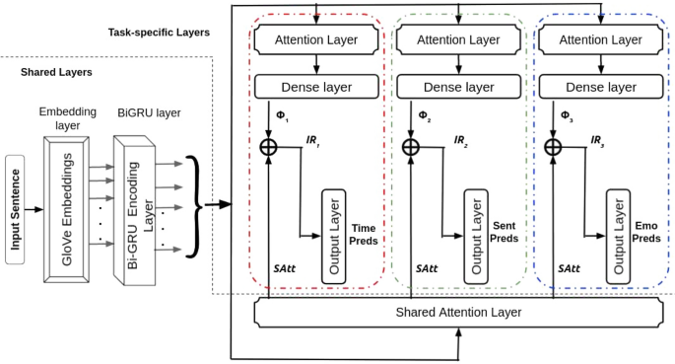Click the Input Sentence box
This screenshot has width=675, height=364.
pyautogui.click(x=14, y=209)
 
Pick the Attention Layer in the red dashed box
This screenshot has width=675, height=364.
pyautogui.click(x=314, y=38)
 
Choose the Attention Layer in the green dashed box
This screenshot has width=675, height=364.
pyautogui.click(x=456, y=38)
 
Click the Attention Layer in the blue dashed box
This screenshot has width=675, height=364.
pyautogui.click(x=599, y=38)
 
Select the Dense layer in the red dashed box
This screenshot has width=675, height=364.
pyautogui.click(x=314, y=87)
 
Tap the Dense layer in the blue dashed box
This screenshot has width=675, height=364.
pyautogui.click(x=599, y=87)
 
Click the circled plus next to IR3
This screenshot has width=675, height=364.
pyautogui.click(x=554, y=146)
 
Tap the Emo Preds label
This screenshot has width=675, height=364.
pyautogui.click(x=645, y=232)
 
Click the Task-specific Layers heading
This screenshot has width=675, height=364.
pyautogui.click(x=159, y=33)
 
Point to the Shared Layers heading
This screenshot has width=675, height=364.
pyautogui.click(x=56, y=72)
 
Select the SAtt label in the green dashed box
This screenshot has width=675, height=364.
pyautogui.click(x=427, y=268)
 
